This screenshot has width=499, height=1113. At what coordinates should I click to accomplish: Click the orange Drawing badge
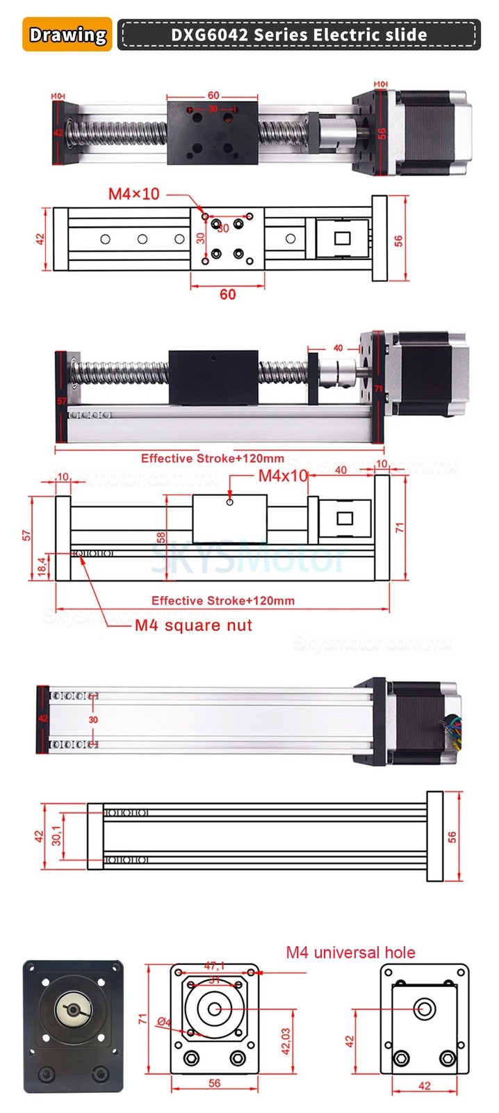pyautogui.click(x=67, y=35)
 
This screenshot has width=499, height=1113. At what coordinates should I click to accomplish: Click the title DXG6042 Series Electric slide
pyautogui.click(x=299, y=35)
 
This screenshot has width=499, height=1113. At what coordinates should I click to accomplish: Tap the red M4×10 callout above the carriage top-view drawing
pyautogui.click(x=133, y=194)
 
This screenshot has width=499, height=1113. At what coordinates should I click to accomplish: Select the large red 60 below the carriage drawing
pyautogui.click(x=227, y=294)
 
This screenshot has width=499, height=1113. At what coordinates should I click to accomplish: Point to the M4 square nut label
pyautogui.click(x=193, y=625)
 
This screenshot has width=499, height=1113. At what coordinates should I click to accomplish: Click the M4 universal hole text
pyautogui.click(x=350, y=952)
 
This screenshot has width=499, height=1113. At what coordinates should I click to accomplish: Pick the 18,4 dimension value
pyautogui.click(x=42, y=566)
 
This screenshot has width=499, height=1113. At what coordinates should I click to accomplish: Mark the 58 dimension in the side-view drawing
pyautogui.click(x=161, y=537)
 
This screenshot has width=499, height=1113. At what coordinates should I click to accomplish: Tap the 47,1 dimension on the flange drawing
pyautogui.click(x=214, y=966)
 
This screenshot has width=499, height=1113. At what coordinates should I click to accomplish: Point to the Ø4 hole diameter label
pyautogui.click(x=164, y=1022)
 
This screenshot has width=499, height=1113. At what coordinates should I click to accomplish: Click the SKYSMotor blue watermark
pyautogui.click(x=249, y=557)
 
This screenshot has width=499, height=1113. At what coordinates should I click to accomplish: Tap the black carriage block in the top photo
pyautogui.click(x=213, y=133)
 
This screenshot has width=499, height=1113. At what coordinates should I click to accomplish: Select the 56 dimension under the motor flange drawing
pyautogui.click(x=214, y=1083)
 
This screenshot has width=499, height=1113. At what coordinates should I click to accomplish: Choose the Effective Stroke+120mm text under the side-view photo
pyautogui.click(x=212, y=458)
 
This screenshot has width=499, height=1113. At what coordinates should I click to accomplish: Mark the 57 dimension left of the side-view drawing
pyautogui.click(x=26, y=535)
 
